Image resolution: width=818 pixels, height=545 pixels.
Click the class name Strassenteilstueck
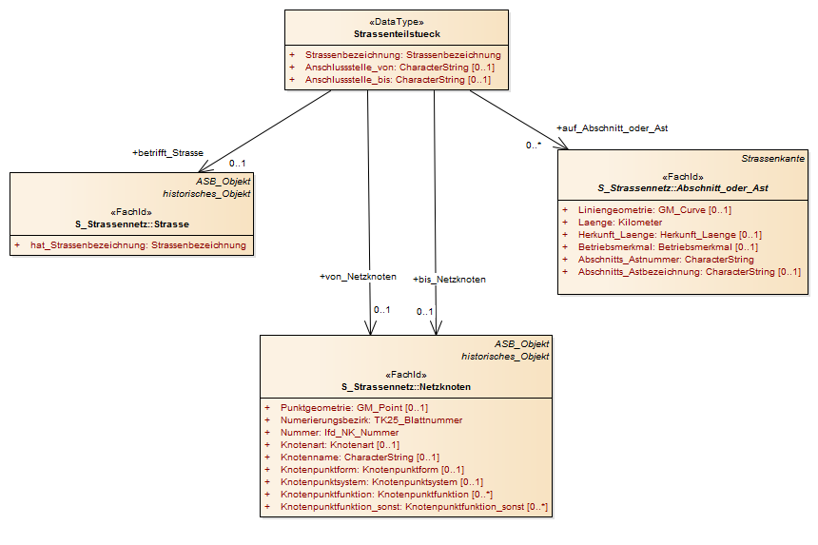click(x=397, y=34)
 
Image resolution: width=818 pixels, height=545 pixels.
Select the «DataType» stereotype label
click(x=397, y=22)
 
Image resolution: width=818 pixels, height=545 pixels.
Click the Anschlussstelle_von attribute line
click(x=399, y=68)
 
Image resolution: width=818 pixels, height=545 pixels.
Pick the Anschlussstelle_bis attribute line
click(x=398, y=80)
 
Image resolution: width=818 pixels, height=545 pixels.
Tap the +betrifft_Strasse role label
click(x=167, y=153)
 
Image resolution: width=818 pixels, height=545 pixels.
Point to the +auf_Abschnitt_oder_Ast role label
click(x=612, y=128)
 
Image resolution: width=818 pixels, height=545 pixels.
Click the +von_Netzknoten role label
click(x=358, y=277)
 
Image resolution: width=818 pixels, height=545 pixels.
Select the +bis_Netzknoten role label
click(x=449, y=280)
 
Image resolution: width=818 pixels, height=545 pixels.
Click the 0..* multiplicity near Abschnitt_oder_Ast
click(x=534, y=146)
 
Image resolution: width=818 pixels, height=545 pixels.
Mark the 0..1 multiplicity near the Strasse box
click(x=237, y=164)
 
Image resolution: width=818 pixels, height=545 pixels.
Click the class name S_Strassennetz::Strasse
click(x=132, y=224)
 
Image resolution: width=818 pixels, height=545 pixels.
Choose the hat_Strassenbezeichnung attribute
click(x=138, y=245)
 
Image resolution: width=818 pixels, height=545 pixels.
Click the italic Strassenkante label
click(x=772, y=159)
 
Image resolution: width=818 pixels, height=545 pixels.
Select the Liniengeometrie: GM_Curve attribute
click(x=654, y=210)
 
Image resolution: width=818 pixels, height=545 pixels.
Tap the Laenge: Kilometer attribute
click(x=620, y=223)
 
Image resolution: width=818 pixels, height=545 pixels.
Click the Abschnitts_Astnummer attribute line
click(x=666, y=260)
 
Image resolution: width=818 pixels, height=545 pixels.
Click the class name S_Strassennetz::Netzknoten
click(x=406, y=387)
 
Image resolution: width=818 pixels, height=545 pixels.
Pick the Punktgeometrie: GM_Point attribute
click(x=354, y=408)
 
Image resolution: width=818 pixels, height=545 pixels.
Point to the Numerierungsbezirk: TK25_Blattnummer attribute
click(x=372, y=420)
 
